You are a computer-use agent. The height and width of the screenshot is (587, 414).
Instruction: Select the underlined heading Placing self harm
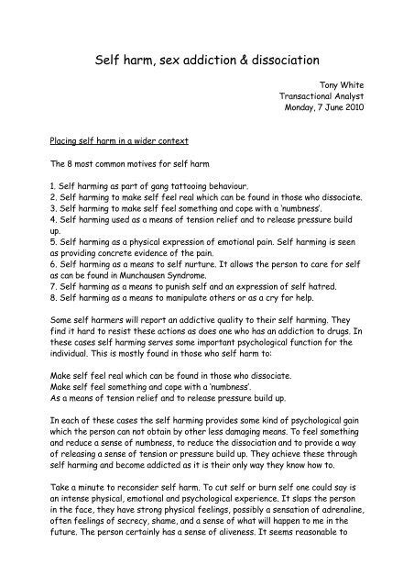click(x=111, y=141)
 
